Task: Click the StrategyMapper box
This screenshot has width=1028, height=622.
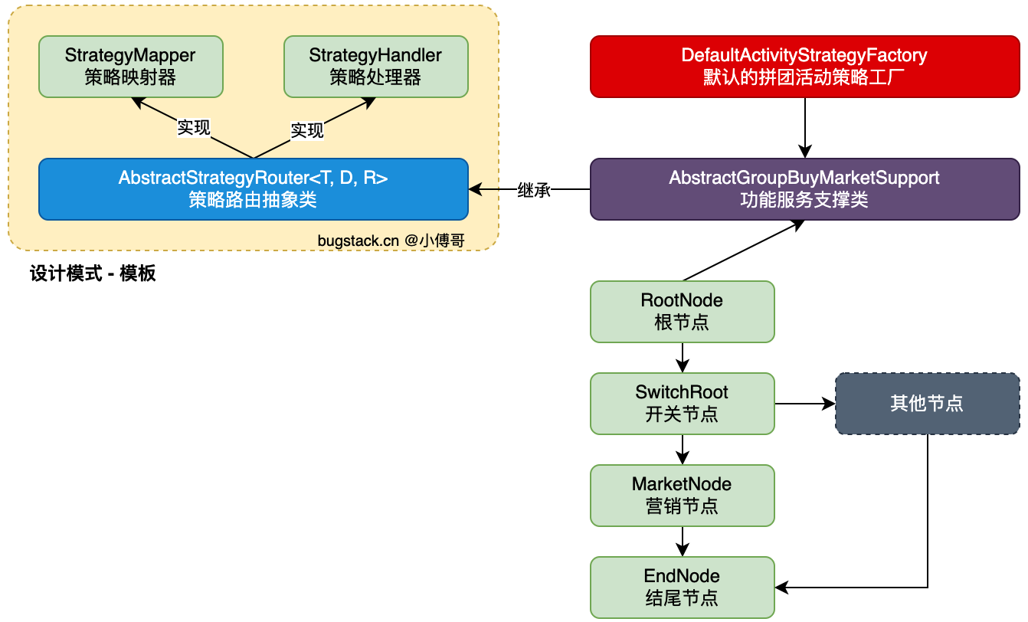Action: (131, 67)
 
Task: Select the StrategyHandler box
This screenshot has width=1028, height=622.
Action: (376, 67)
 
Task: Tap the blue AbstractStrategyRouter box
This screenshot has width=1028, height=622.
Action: (254, 189)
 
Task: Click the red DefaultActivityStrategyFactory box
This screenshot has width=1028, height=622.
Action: (805, 67)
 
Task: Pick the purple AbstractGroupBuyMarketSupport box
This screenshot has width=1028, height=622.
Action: (805, 189)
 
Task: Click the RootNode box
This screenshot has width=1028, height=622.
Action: (683, 312)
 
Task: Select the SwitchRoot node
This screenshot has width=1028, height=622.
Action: (683, 404)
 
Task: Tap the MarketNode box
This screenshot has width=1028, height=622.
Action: (683, 496)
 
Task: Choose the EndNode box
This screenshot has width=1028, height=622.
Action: (683, 588)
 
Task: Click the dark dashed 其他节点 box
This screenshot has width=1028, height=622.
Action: (928, 404)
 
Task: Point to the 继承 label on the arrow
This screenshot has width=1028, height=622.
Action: (534, 189)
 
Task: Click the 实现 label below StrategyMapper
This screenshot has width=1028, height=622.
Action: (194, 128)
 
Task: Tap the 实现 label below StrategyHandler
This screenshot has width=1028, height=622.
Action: (307, 130)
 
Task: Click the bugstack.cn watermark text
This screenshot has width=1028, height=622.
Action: (391, 241)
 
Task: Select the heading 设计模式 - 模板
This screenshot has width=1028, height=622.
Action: (93, 273)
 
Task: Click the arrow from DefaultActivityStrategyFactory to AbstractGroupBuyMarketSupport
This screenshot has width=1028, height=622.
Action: (805, 128)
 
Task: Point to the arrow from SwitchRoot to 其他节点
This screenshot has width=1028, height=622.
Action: (805, 404)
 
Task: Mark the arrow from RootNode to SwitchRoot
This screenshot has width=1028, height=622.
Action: (683, 358)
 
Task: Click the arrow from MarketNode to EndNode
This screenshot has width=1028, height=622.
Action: (683, 542)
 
